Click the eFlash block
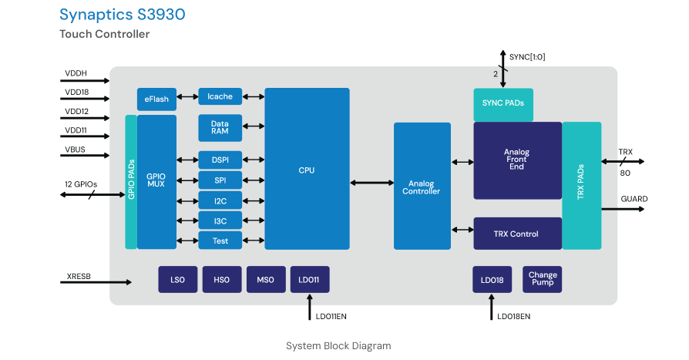pos(156,99)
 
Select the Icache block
pos(220,96)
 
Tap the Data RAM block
pos(220,127)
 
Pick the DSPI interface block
pos(220,160)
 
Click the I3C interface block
pos(220,220)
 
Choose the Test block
pos(220,241)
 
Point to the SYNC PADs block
pos(502,103)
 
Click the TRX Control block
pos(516,234)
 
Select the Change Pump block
pos(543,279)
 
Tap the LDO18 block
pos(492,280)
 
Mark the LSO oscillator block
pos(177,280)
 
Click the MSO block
pos(265,280)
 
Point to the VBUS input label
pos(76,150)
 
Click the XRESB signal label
pos(79,275)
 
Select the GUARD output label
pos(634,199)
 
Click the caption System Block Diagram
pos(338,345)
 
